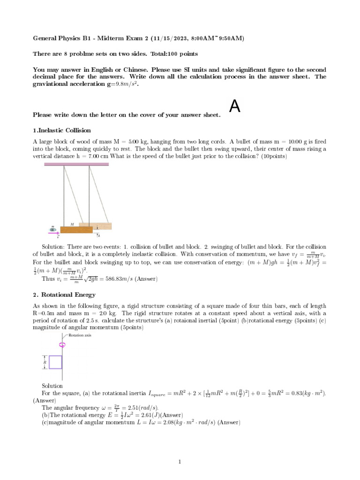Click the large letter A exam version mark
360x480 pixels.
point(235,107)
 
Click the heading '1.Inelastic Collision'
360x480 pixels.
point(62,130)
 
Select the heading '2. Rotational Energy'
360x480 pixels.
point(64,295)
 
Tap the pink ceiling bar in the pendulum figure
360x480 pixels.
point(76,164)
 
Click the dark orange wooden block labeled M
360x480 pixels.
point(70,230)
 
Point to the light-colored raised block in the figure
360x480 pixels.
point(95,225)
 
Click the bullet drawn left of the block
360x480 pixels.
point(53,230)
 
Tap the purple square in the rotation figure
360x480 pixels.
point(55,362)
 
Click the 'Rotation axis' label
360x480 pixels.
point(80,336)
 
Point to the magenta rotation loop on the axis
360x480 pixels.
point(62,345)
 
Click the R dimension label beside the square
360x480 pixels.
point(45,362)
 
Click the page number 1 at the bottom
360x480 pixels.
point(180,462)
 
